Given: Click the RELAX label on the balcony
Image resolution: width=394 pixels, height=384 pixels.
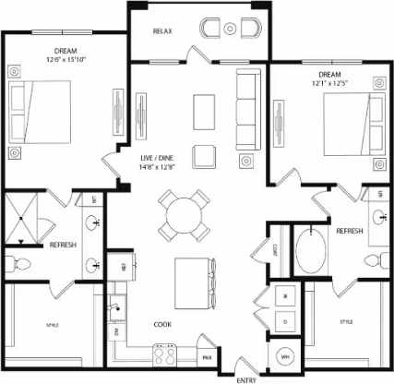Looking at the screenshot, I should [163, 30].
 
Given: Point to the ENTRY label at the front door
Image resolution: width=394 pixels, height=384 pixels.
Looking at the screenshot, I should [247, 378].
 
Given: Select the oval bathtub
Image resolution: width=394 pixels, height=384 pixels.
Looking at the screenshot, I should [311, 249].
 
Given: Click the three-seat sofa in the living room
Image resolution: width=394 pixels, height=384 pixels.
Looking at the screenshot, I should [247, 112].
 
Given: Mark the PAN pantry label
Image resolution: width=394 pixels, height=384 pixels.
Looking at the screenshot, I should [209, 355].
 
